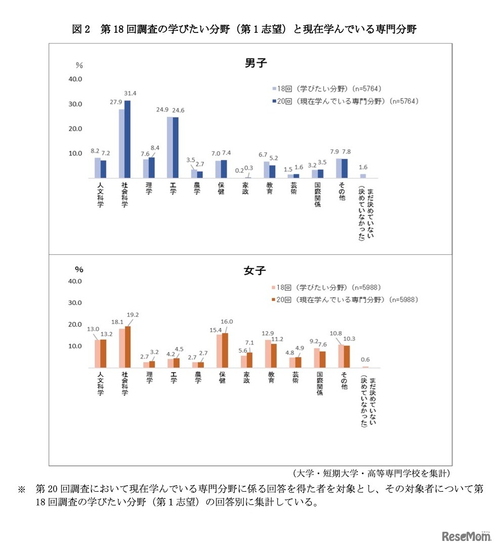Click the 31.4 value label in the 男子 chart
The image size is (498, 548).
click(x=131, y=93)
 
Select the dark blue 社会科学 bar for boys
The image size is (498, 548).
click(x=128, y=139)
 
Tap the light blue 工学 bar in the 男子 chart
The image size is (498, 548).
click(x=170, y=147)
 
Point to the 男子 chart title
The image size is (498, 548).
click(x=255, y=63)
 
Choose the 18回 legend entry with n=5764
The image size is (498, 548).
click(x=326, y=88)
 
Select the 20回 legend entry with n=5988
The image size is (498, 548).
click(x=345, y=300)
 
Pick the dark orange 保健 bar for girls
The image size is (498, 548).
click(x=225, y=350)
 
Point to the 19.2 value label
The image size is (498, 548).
click(x=133, y=314)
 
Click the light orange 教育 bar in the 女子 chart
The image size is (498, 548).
click(x=268, y=354)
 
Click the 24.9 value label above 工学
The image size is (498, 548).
click(x=163, y=110)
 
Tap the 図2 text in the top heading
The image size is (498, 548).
click(x=81, y=29)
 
